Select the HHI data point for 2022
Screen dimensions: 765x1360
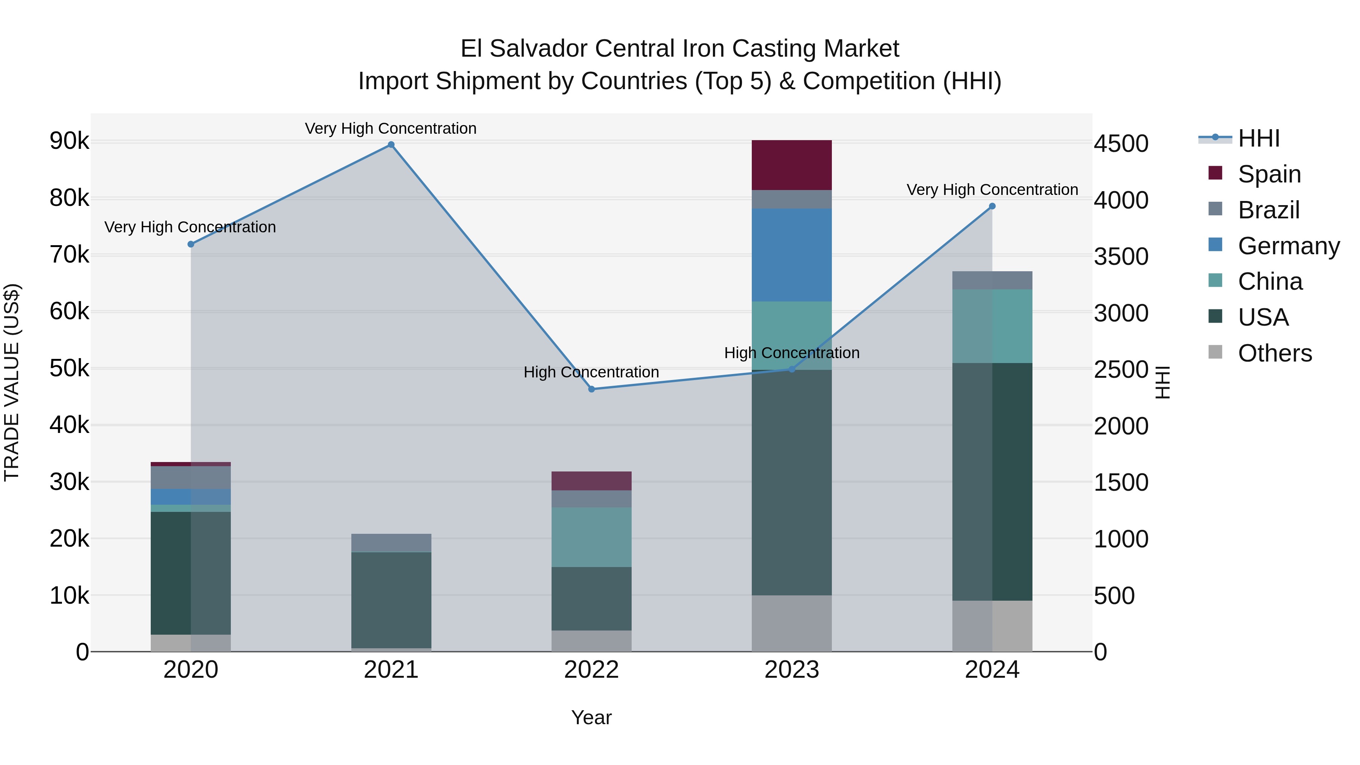point(591,389)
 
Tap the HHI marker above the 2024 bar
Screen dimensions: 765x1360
point(992,206)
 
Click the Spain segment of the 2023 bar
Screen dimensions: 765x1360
point(791,165)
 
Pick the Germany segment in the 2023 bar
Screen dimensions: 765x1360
point(791,255)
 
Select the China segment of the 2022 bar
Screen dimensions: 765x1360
point(591,537)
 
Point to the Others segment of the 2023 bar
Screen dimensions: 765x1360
point(791,623)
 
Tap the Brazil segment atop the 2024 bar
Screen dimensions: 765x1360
point(992,280)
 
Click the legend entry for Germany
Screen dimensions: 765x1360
point(1288,246)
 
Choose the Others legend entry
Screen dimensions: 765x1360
point(1275,353)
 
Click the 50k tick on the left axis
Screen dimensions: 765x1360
point(69,368)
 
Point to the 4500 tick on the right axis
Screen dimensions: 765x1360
point(1121,144)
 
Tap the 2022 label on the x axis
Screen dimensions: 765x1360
point(591,670)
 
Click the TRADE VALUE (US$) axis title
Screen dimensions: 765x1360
point(12,382)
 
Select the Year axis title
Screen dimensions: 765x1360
point(591,717)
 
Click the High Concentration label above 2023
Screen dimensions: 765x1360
point(791,353)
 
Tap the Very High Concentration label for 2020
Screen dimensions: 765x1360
point(190,227)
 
